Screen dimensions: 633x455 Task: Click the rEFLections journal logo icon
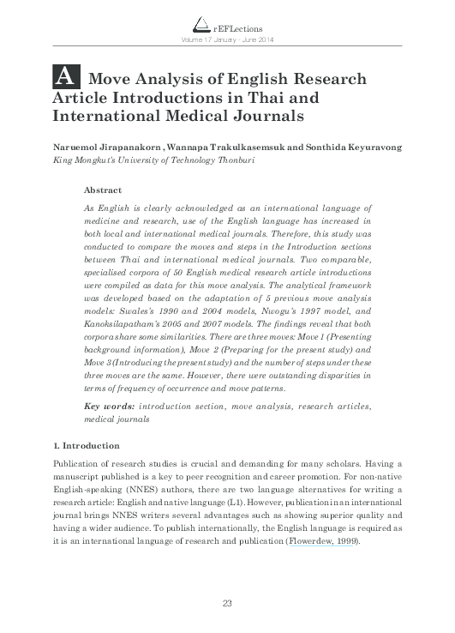(x=199, y=26)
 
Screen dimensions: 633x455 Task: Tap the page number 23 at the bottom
(x=227, y=604)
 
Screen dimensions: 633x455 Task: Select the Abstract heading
(x=103, y=190)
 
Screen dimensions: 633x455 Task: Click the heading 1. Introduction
(x=87, y=446)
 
